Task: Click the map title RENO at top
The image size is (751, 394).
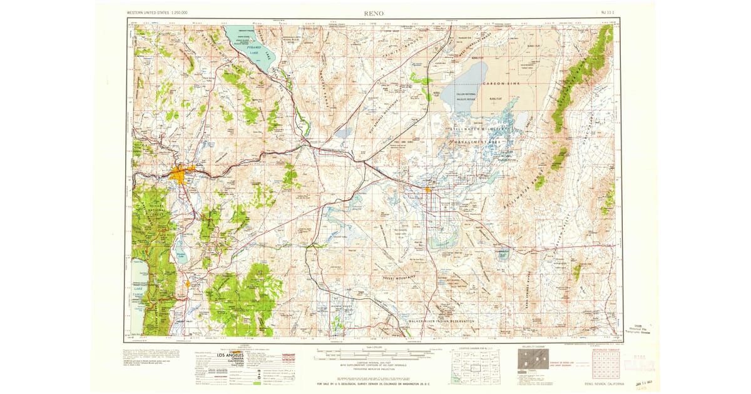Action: (374, 13)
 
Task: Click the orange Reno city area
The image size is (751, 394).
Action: (181, 173)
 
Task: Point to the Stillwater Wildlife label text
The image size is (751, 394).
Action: (482, 132)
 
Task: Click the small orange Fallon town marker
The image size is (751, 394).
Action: (427, 189)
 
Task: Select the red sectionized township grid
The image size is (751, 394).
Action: (605, 363)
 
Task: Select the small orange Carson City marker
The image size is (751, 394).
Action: (188, 285)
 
